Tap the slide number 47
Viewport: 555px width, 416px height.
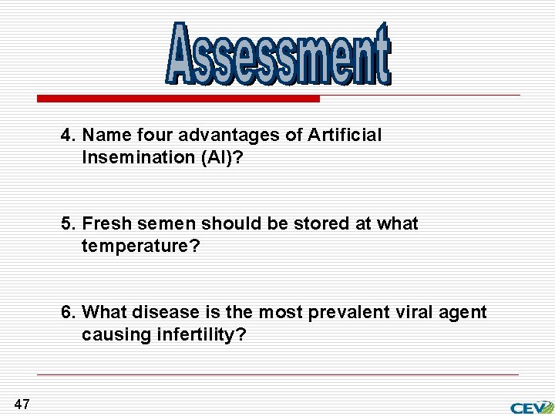point(22,404)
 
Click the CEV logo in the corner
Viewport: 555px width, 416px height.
point(531,406)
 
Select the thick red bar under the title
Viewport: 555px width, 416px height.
point(179,99)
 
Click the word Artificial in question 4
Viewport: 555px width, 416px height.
point(344,136)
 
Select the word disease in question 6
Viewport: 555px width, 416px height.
point(161,313)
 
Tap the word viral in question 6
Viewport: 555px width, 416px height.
point(410,313)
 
